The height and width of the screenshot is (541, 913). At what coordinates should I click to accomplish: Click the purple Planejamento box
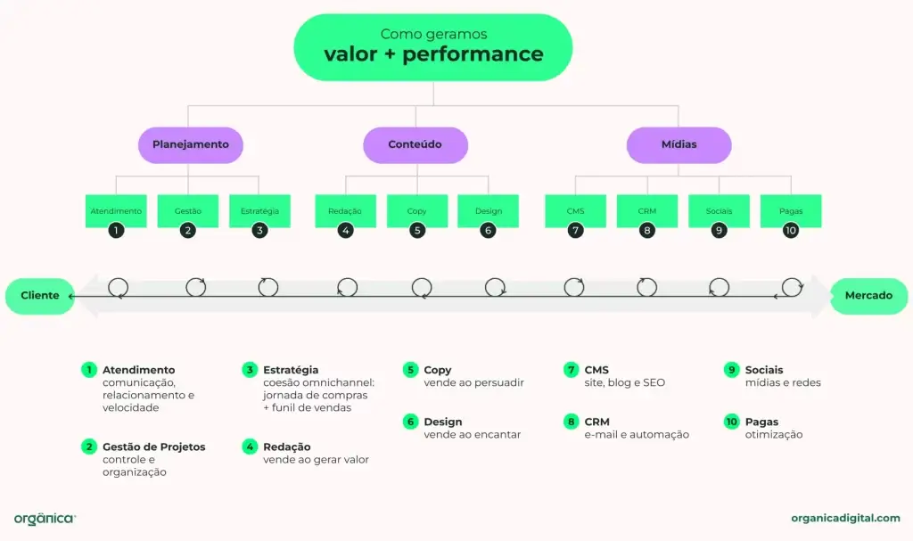[191, 144]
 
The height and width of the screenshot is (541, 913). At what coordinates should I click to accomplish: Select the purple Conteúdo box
[415, 144]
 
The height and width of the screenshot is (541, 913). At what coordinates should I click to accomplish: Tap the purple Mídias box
[679, 144]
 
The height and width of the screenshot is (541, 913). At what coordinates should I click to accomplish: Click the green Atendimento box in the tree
[116, 211]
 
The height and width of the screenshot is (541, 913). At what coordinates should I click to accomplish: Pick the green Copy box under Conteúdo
[416, 211]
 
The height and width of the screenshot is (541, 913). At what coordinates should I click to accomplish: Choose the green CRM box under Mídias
[647, 211]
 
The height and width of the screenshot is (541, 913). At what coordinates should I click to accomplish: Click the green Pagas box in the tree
[790, 211]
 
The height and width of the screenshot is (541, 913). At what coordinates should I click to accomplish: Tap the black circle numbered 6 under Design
[488, 230]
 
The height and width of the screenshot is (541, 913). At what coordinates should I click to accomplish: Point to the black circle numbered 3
[259, 230]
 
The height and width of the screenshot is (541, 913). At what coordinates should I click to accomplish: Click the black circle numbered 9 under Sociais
[719, 230]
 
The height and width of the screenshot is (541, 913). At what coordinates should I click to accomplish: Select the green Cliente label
[39, 296]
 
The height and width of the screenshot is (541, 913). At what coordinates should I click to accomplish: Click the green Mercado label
[868, 296]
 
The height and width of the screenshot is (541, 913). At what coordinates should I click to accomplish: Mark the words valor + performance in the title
[433, 54]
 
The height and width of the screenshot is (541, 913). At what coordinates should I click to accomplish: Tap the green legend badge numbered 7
[571, 369]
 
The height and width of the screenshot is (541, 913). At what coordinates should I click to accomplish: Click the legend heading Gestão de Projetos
[153, 447]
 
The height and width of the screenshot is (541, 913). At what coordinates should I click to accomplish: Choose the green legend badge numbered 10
[731, 422]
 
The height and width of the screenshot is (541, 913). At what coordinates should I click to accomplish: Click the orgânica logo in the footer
[45, 518]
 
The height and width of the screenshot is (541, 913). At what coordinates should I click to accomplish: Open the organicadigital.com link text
[845, 518]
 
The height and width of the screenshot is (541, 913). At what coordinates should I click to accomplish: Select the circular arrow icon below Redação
[348, 287]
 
